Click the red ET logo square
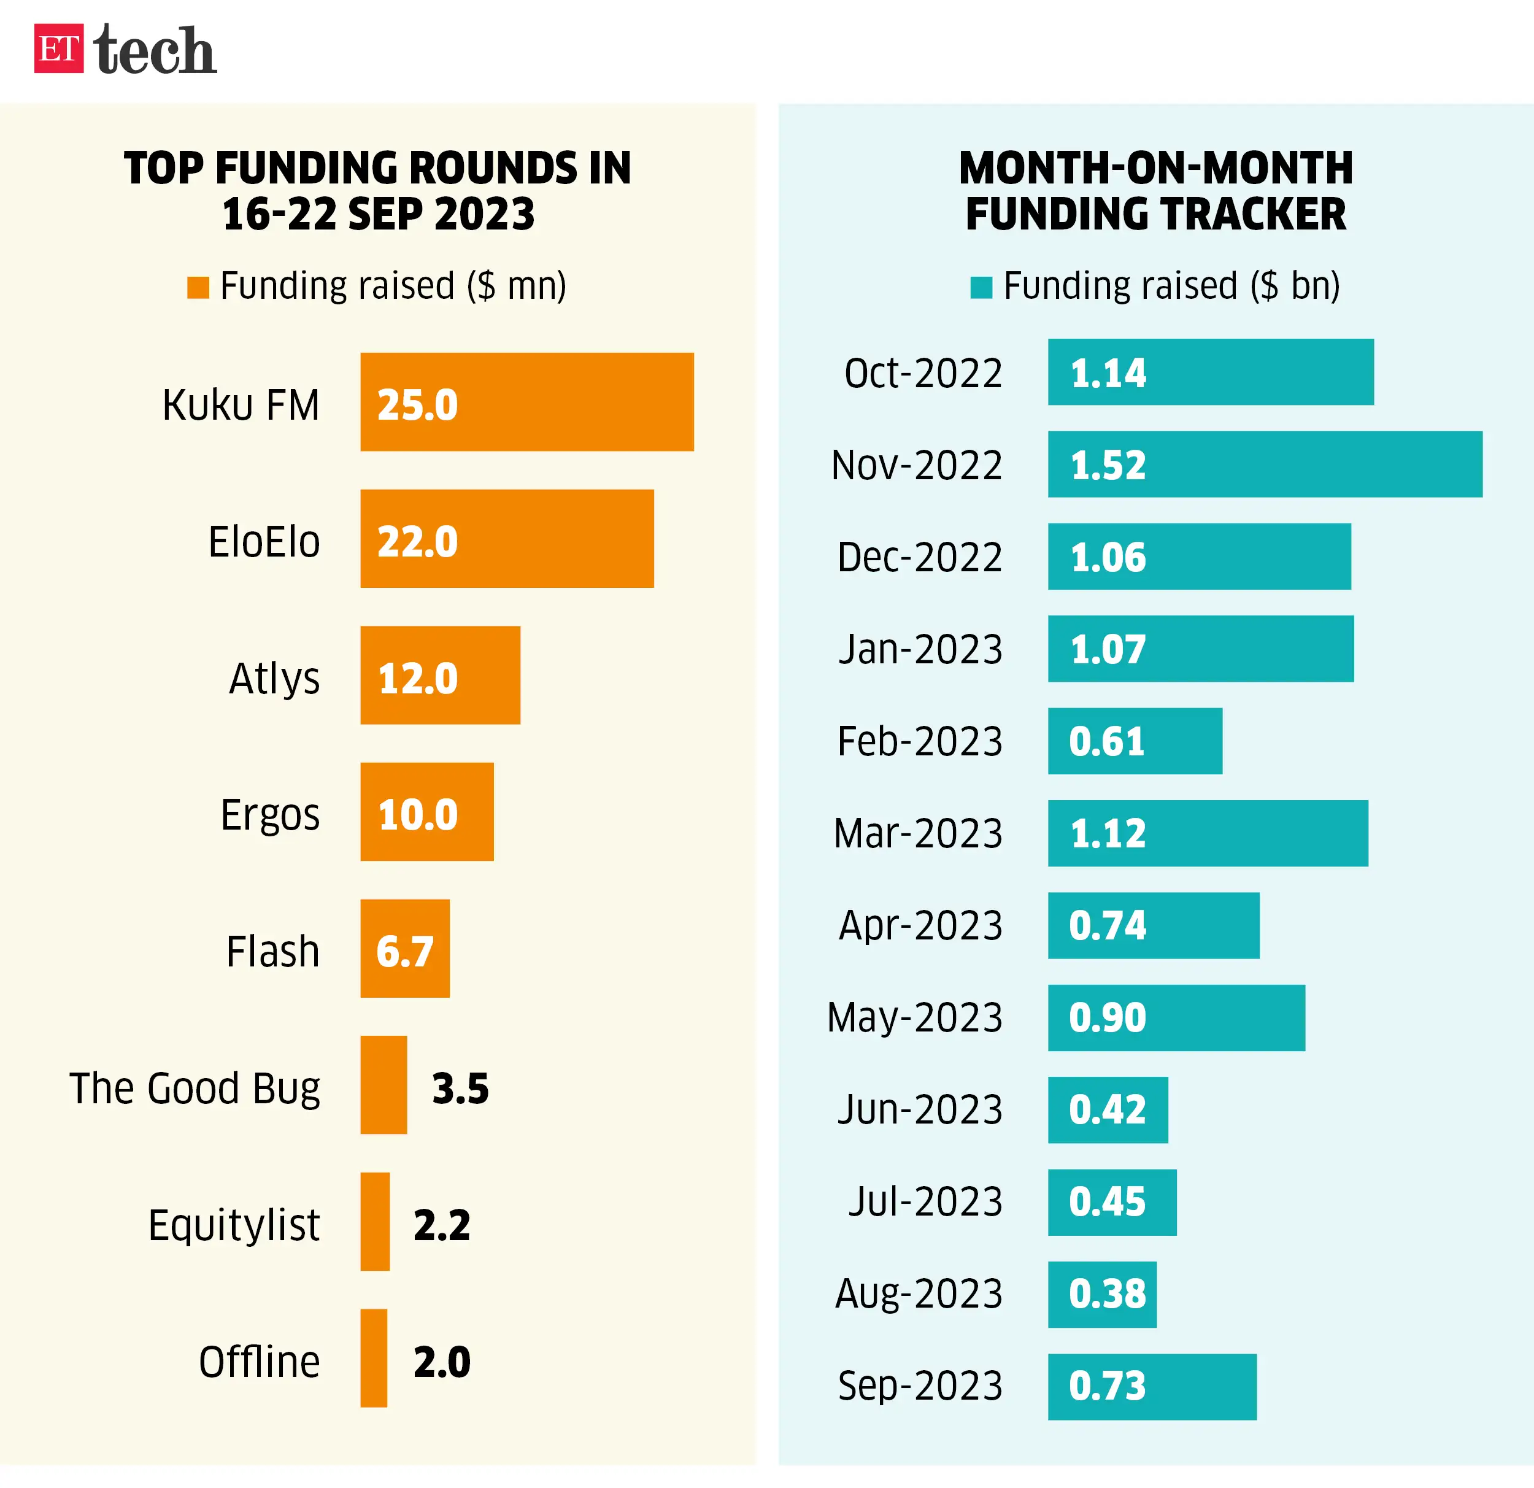[59, 48]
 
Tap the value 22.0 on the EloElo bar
[417, 542]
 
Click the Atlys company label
[274, 678]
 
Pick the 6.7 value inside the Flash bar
[404, 951]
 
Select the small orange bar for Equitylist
[375, 1221]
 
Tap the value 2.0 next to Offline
[441, 1361]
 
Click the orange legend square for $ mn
[198, 287]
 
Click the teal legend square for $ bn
[981, 287]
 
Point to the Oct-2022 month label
[923, 372]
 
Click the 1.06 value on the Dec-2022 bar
[1108, 557]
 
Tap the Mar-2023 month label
[918, 833]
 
